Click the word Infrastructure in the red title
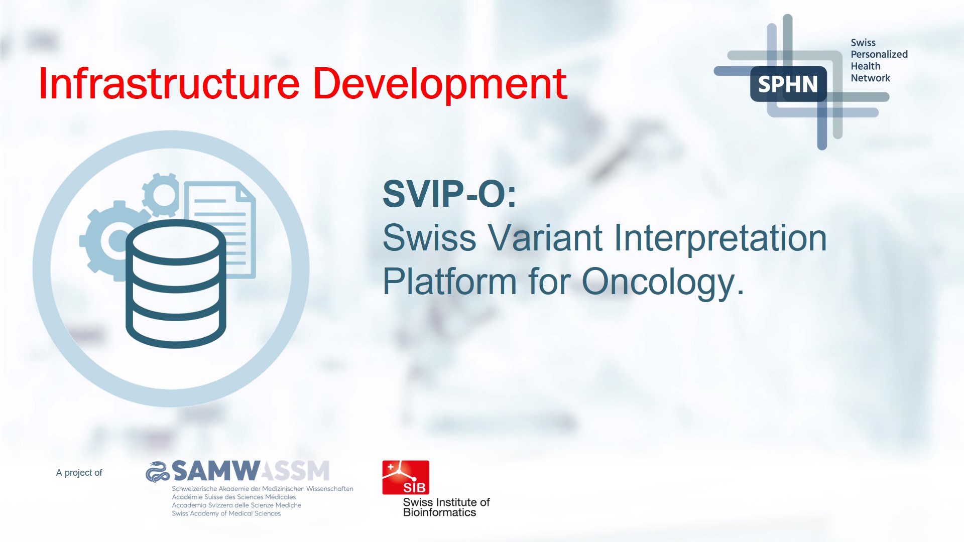(x=169, y=83)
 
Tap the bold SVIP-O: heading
(x=449, y=194)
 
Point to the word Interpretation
(x=720, y=240)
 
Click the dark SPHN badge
(x=788, y=84)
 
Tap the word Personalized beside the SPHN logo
(x=879, y=54)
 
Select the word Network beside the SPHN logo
(x=870, y=78)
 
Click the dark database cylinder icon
(x=176, y=284)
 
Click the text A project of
(x=79, y=473)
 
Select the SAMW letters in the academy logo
(x=216, y=471)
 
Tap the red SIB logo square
(x=406, y=477)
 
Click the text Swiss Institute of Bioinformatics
(x=446, y=507)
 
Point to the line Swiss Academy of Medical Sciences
(x=226, y=513)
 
